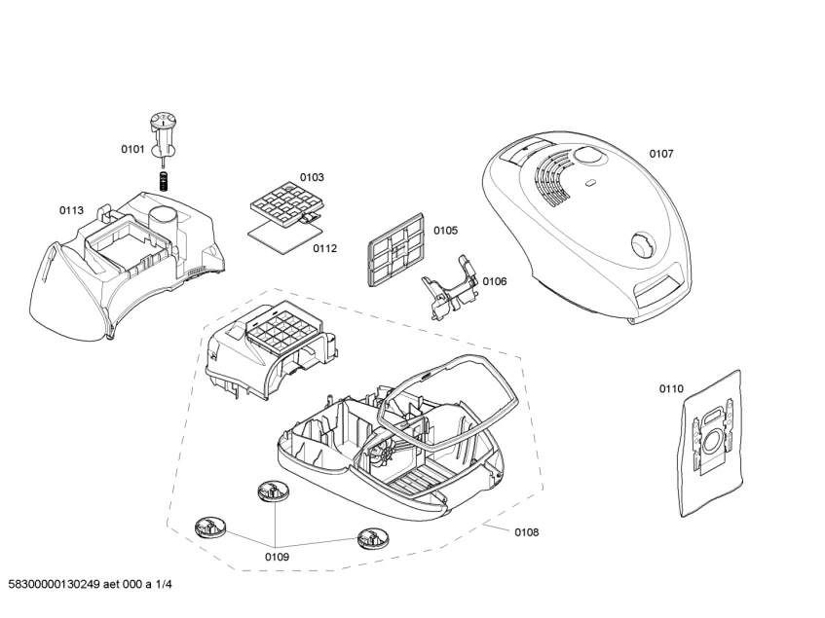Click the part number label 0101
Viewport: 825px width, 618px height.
click(x=132, y=149)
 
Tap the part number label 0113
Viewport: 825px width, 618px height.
click(x=71, y=209)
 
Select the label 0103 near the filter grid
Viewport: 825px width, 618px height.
click(x=312, y=177)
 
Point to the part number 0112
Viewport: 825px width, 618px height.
click(x=324, y=248)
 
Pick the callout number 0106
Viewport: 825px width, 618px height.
click(x=495, y=281)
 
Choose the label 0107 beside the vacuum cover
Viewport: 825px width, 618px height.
click(x=661, y=154)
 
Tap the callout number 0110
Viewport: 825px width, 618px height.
click(x=671, y=389)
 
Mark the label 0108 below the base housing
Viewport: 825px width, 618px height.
click(x=526, y=532)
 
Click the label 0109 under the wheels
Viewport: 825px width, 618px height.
click(x=277, y=557)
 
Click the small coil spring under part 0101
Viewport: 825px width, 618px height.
click(x=165, y=180)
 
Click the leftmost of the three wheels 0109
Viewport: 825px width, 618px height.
click(x=209, y=528)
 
